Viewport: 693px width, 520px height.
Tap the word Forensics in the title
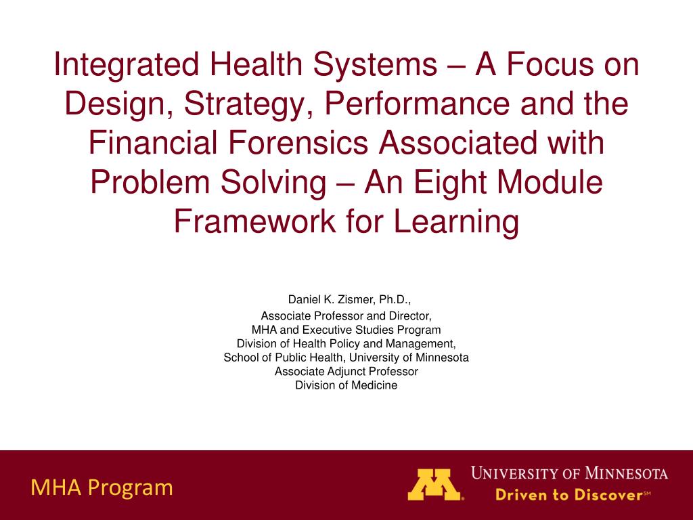click(x=298, y=142)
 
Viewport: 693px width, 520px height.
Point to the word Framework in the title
click(x=254, y=221)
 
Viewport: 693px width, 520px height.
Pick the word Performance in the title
click(x=417, y=104)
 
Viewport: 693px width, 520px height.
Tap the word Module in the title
click(x=550, y=181)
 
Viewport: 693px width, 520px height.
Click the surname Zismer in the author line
click(x=356, y=300)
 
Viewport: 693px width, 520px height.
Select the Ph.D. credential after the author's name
click(x=395, y=300)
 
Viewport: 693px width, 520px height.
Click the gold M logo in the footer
click(x=434, y=485)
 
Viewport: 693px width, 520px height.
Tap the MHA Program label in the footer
click(x=102, y=488)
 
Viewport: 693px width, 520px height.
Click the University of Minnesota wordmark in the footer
click(x=569, y=473)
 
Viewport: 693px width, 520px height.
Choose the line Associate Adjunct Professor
click(x=346, y=372)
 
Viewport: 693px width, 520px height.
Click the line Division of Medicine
click(x=346, y=385)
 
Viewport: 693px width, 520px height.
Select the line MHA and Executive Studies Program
click(x=346, y=330)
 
